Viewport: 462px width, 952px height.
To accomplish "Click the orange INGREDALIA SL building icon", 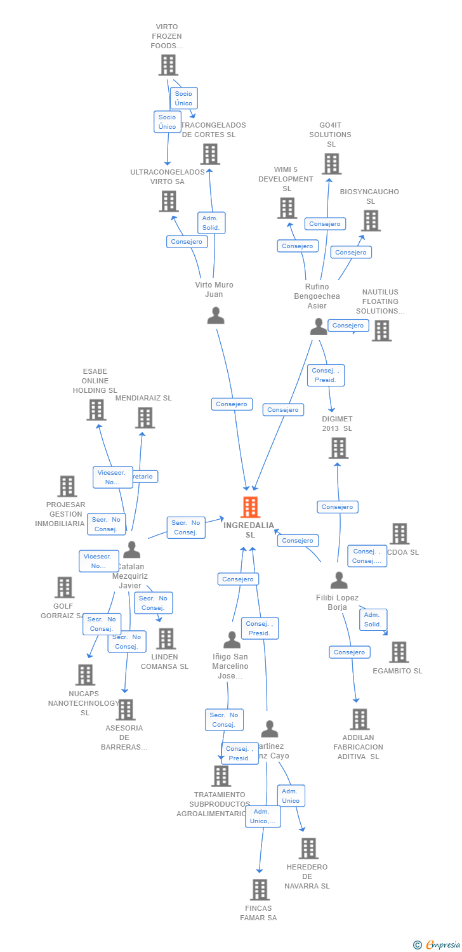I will pos(251,507).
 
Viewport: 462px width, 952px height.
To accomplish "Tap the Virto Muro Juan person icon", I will pos(216,315).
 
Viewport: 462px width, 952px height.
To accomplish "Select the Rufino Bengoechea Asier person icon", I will pos(318,326).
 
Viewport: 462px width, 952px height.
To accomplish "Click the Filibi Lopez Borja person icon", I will pos(339,580).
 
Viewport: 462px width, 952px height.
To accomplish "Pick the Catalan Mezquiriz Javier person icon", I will pos(131,549).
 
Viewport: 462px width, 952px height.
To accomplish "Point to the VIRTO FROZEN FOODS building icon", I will pos(168,65).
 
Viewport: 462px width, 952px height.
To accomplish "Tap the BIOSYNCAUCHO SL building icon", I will pos(371,220).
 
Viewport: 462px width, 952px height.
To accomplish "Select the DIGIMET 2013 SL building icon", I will pos(339,448).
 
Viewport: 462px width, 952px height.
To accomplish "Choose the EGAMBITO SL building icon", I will pos(399,652).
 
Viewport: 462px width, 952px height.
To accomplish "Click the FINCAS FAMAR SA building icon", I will pos(260,890).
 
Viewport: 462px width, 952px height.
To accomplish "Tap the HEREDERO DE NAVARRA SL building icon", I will pos(308,848).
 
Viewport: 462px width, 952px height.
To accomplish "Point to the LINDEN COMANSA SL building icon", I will pos(166,638).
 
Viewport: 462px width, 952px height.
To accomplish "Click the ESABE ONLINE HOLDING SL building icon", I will pos(96,409).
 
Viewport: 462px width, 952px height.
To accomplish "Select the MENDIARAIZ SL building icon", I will pos(145,418).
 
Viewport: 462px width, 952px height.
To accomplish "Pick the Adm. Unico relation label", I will pos(291,795).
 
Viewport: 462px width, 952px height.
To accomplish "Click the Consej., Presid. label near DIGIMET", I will pos(326,375).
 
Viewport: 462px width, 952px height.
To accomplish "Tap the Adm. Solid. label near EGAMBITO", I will pos(373,619).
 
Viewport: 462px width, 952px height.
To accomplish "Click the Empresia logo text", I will pos(442,945).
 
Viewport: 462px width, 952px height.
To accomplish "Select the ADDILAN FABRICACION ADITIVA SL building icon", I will pos(359,719).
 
